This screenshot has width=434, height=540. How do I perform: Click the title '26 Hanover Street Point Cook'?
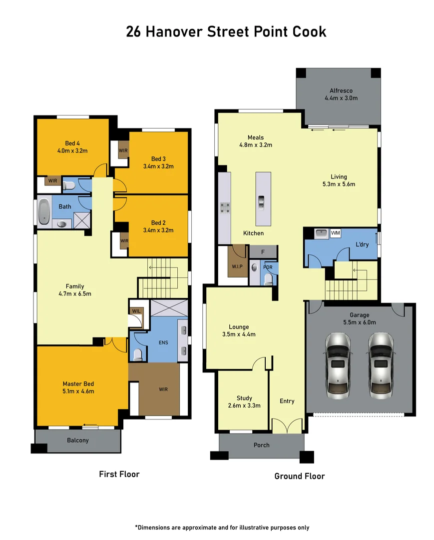226,31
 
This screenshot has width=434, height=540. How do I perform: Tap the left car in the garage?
337,364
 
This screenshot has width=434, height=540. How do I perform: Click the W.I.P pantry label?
237,266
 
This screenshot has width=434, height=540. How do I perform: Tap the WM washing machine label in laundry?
335,233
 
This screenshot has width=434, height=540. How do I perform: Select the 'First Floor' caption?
119,474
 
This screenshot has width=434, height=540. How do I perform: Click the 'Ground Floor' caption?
299,476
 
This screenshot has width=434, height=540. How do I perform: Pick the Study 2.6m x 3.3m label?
244,401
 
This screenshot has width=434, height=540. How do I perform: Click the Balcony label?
77,440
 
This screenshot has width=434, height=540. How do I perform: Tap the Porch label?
261,444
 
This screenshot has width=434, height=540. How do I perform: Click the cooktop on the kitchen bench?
225,207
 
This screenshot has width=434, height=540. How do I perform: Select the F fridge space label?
263,251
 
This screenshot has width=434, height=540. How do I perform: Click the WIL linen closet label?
136,311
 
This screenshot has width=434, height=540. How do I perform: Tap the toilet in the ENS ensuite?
137,354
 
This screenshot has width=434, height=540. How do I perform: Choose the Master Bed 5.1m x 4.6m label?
78,387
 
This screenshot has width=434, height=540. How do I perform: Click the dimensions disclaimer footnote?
222,527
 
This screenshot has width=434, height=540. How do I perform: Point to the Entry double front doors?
287,426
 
